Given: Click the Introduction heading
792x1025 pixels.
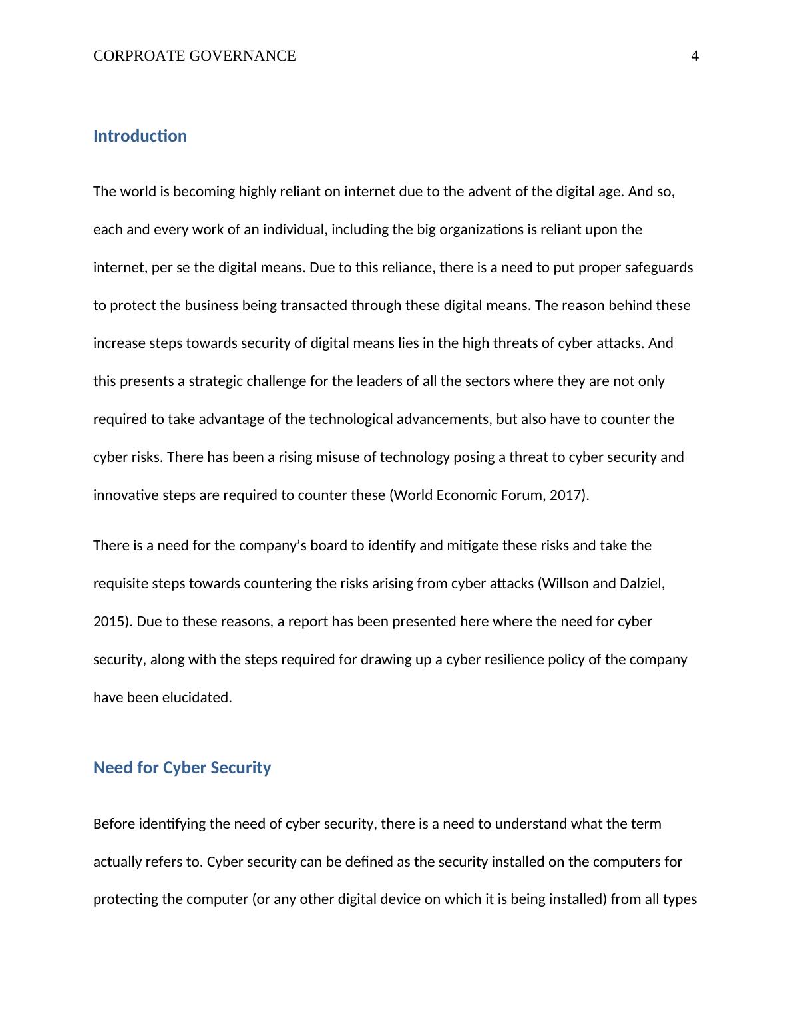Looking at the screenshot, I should [140, 136].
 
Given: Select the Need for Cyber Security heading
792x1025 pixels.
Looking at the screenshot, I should [182, 768].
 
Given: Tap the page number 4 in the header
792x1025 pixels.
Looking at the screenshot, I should [695, 56].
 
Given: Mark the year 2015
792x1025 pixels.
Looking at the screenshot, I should [109, 622].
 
